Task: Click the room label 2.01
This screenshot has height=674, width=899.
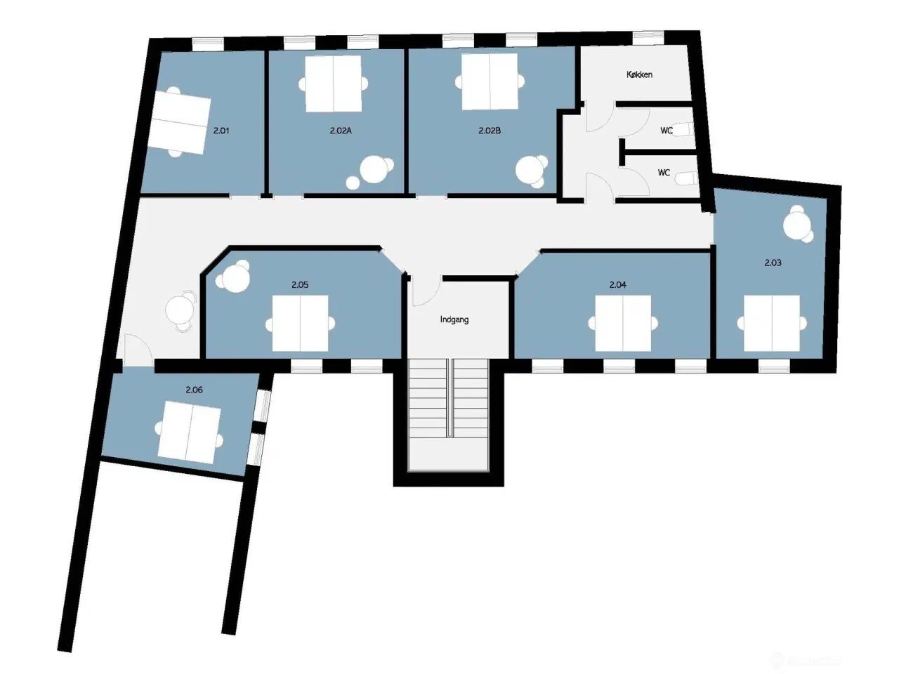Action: tap(221, 130)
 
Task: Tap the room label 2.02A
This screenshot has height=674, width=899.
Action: tap(340, 130)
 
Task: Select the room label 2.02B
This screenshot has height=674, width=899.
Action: tap(490, 130)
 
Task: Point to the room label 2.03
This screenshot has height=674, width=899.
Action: tap(773, 263)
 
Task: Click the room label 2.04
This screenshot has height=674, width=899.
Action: tap(618, 284)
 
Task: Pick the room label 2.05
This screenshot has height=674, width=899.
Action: tap(300, 284)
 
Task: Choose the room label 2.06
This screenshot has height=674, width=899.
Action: tap(195, 389)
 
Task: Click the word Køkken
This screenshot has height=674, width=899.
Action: tap(640, 74)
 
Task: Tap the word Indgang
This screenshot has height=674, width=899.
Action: tap(454, 319)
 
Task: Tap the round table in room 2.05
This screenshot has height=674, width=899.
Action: tap(233, 277)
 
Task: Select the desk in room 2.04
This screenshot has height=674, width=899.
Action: tap(623, 324)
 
